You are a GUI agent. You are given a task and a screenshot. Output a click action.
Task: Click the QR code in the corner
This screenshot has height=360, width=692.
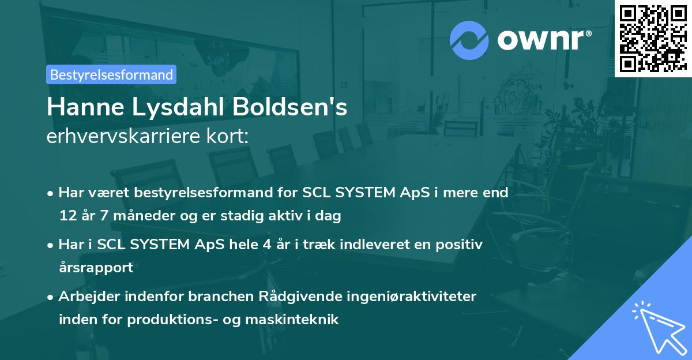point(653,38)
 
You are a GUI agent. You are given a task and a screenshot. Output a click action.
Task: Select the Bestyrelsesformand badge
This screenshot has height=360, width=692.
point(111,74)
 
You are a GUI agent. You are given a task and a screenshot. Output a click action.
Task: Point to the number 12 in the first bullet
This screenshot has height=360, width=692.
point(67,216)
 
